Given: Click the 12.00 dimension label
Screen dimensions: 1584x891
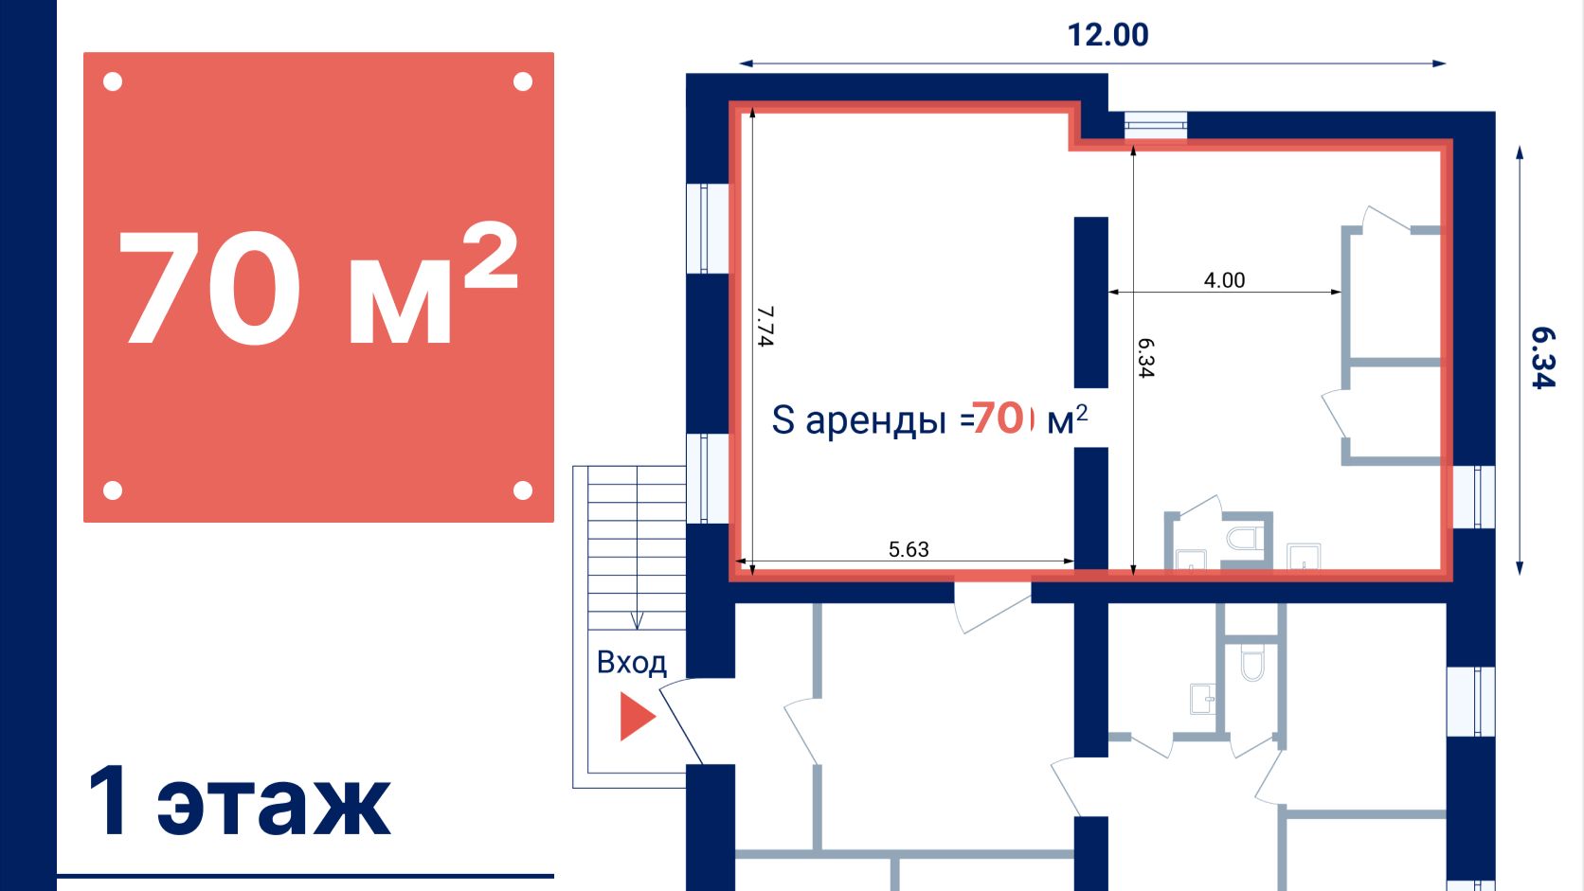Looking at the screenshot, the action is tap(1107, 35).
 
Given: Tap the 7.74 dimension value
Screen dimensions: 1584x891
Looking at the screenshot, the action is tap(765, 326).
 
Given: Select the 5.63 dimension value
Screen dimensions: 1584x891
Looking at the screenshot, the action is tap(909, 549).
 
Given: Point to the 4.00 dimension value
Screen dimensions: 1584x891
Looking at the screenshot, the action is tap(1224, 280).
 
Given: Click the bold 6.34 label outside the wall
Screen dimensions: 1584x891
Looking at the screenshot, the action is tap(1543, 358).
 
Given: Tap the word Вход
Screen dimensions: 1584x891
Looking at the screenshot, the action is tap(632, 663).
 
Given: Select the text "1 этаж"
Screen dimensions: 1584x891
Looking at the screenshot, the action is tap(239, 801).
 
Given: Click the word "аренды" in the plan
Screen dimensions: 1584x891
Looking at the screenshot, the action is tap(875, 421).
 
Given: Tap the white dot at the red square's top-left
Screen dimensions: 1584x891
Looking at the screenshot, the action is tap(113, 82).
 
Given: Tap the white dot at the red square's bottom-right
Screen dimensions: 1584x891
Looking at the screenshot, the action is tap(523, 490).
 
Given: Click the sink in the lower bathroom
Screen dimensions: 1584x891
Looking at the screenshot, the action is tap(1202, 699).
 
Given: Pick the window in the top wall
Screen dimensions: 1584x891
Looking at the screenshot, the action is tap(1156, 125).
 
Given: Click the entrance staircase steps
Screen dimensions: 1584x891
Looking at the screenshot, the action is tap(637, 547).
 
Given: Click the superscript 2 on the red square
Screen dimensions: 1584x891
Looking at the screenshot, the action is tap(491, 255).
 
